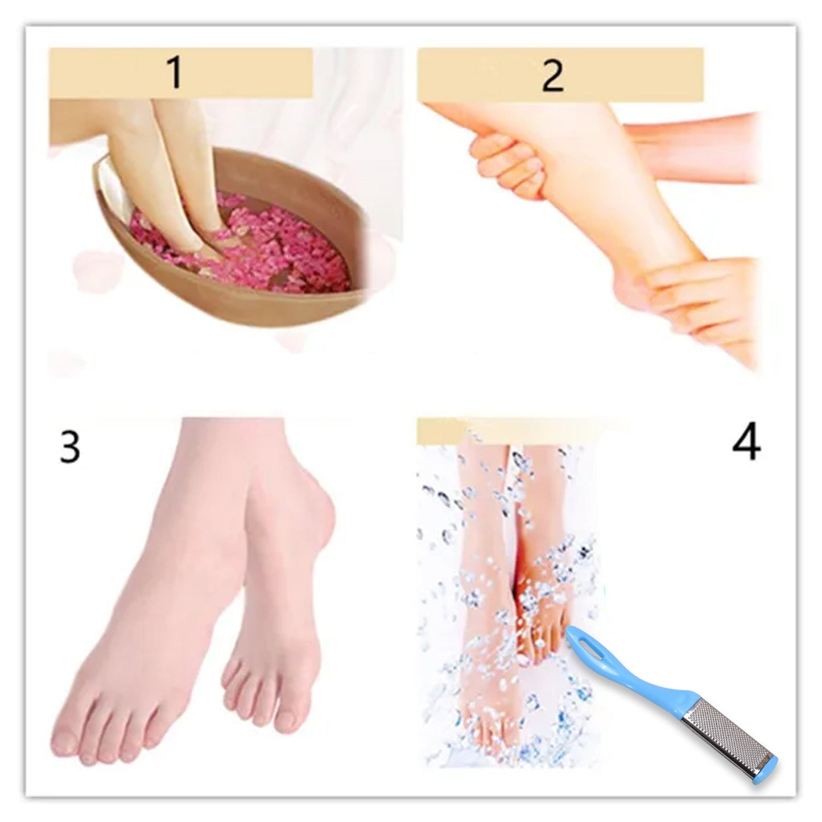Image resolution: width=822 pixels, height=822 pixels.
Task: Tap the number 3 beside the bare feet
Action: (69, 447)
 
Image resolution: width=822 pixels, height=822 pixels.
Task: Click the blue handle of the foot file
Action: (637, 677)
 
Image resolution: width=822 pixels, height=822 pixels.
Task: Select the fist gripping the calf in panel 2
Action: (501, 159)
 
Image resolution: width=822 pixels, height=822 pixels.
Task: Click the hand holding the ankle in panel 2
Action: (700, 301)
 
